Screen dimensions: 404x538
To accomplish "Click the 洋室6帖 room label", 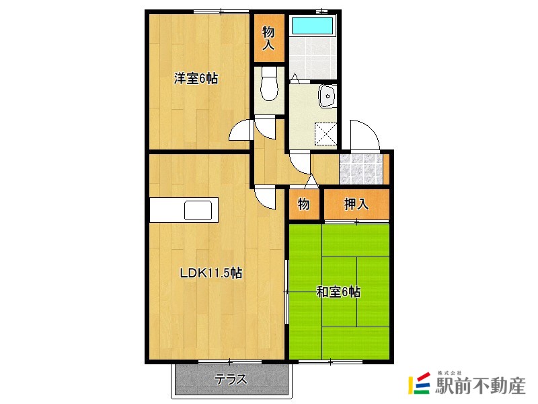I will pos(196,78).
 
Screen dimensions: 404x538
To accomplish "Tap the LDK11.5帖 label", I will pos(210,273).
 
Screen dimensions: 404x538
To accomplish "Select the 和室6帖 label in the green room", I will pos(339,292).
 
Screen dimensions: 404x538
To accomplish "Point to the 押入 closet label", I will pos(356,205).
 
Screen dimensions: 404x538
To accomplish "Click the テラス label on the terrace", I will pos(231,380).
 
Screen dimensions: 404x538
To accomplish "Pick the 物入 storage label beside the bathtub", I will pos(268,38).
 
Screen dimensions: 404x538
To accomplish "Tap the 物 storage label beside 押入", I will pos(303,205).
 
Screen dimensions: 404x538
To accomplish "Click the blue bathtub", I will pos(312,26).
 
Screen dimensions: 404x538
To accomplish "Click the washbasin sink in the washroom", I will pos(328,97).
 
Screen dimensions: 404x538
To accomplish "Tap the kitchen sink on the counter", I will pos(199,210).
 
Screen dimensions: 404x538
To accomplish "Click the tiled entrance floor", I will pos(360,168).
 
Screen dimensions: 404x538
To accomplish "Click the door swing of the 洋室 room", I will pos(241,129).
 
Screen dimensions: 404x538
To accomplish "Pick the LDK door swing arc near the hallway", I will pos(265,197).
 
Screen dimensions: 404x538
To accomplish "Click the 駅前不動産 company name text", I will pos(480,386).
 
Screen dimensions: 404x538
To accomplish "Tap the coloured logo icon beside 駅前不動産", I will pos(420,383).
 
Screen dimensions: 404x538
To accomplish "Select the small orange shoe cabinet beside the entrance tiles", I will pos(386,168).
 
